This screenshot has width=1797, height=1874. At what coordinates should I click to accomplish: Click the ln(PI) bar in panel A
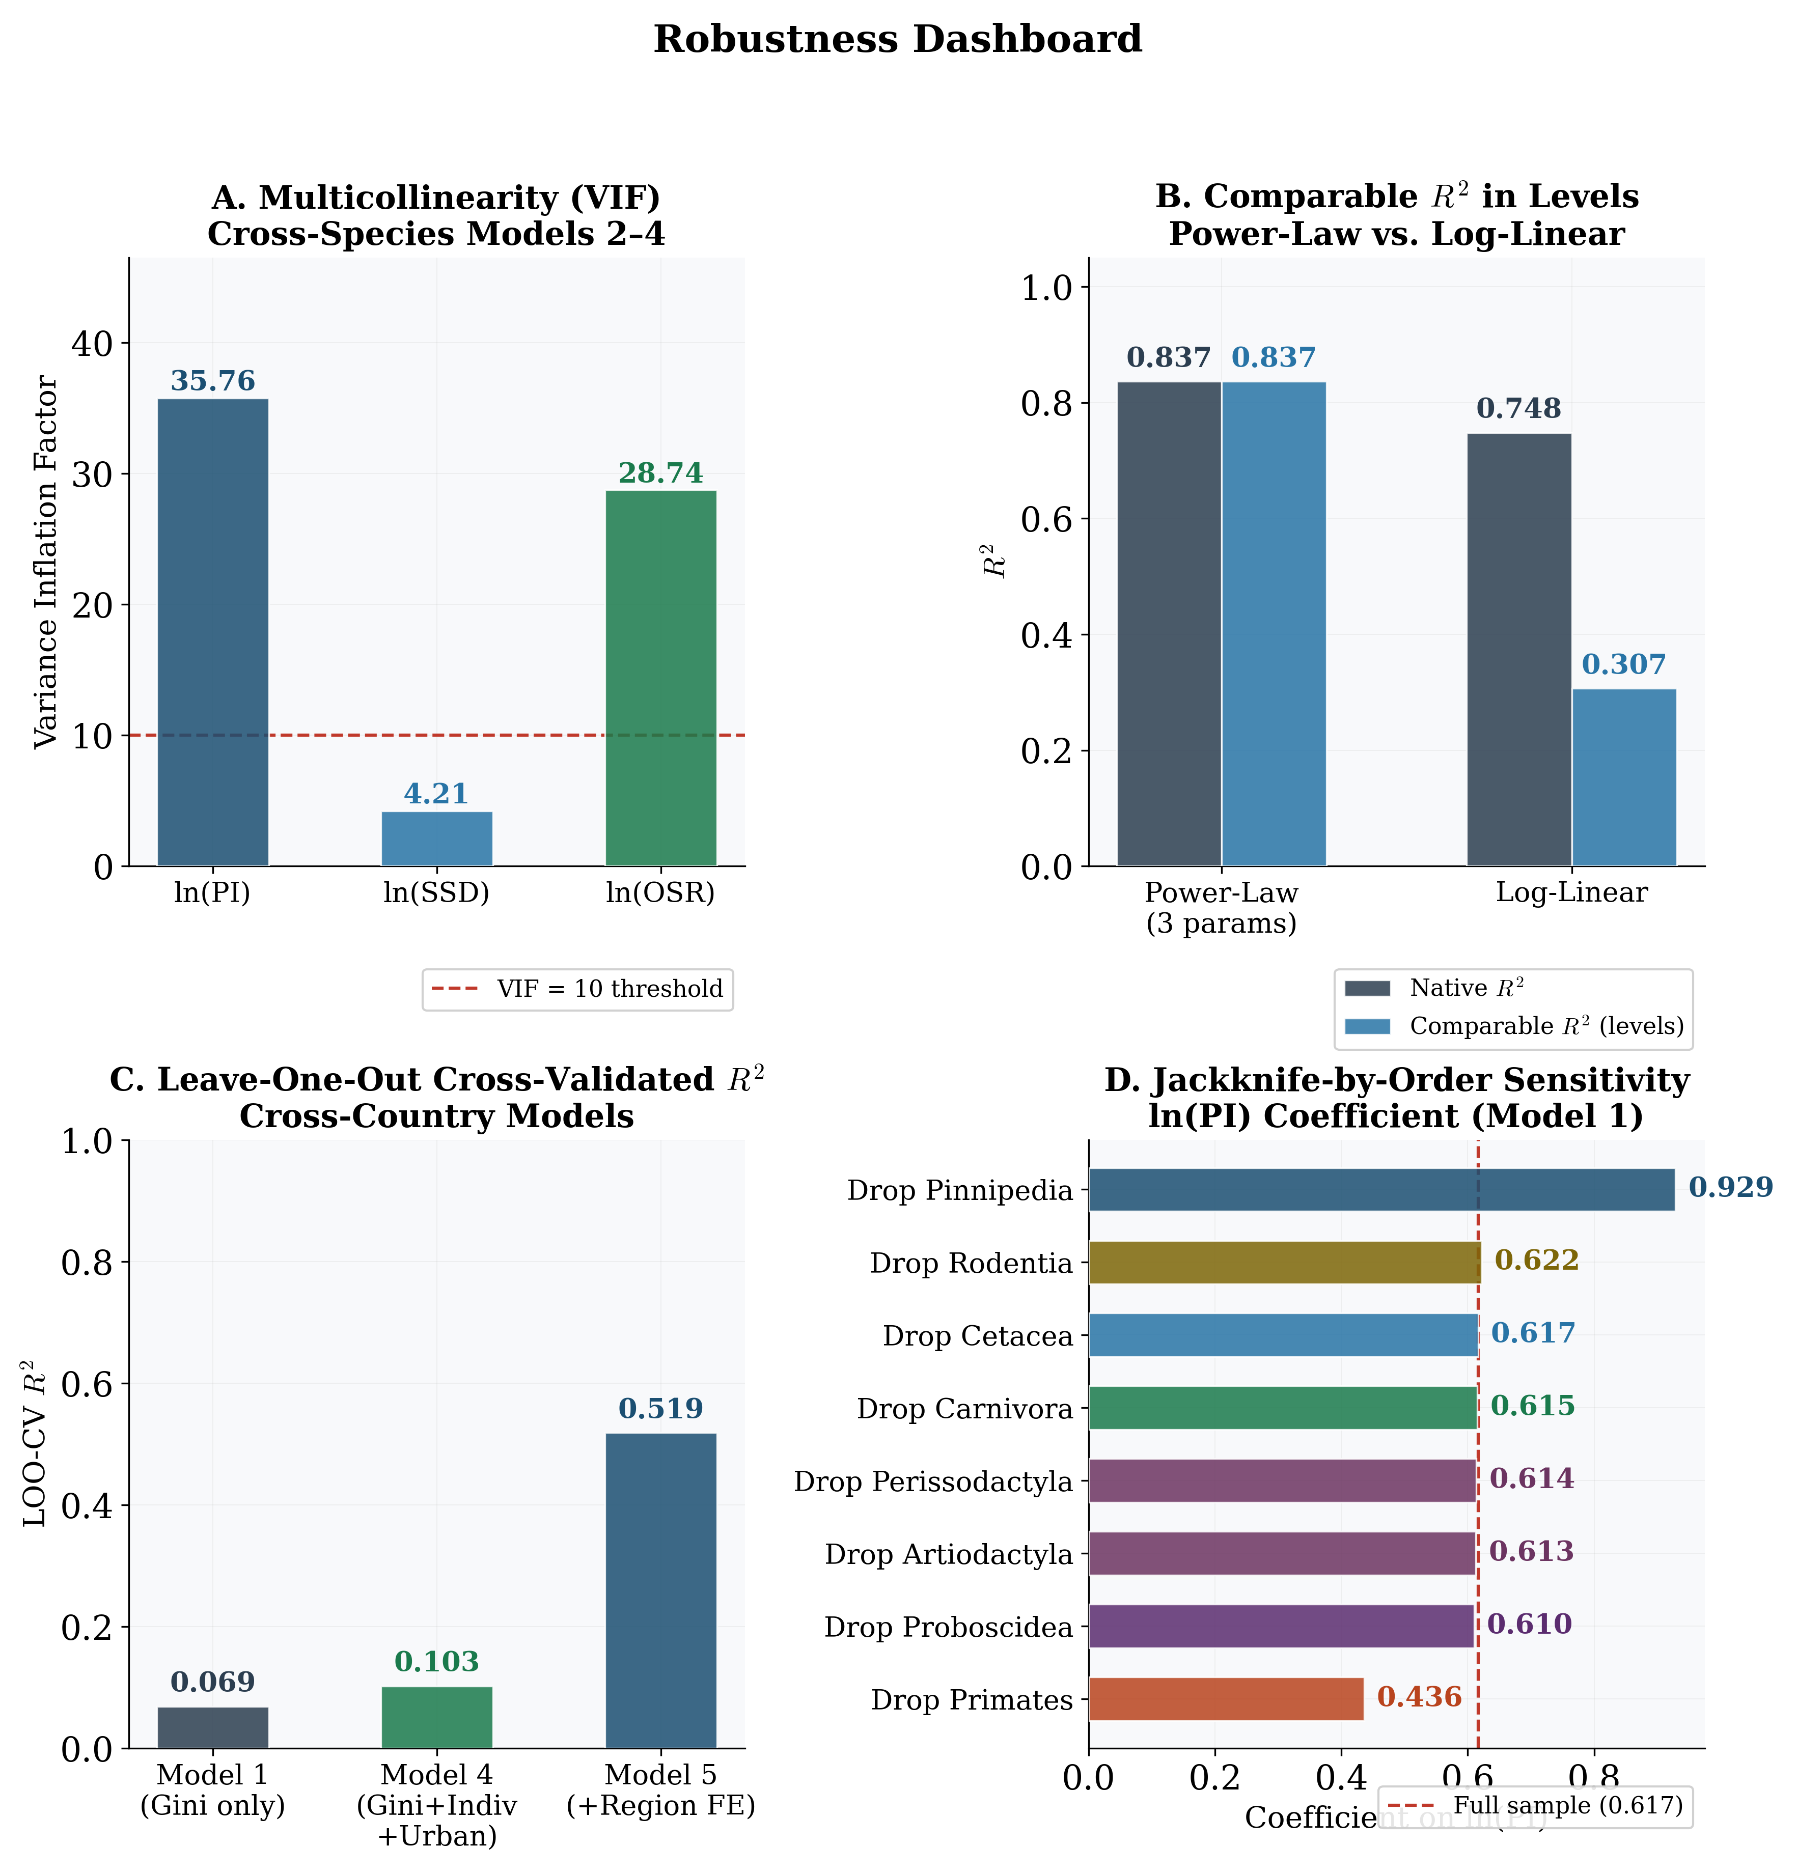coord(212,631)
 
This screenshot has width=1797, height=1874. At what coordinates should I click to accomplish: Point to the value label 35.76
coord(212,380)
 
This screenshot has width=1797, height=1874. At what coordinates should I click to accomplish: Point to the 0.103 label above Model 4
coord(437,1662)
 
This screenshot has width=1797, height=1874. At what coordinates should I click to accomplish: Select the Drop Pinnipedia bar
coord(1381,1189)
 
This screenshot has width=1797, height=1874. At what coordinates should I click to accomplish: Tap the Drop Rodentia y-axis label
coord(971,1263)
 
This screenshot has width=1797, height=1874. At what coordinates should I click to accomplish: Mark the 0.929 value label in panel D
coord(1730,1188)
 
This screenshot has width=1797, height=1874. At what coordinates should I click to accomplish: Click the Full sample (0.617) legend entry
coord(1535,1805)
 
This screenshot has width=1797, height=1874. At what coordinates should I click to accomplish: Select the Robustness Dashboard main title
coord(897,39)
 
